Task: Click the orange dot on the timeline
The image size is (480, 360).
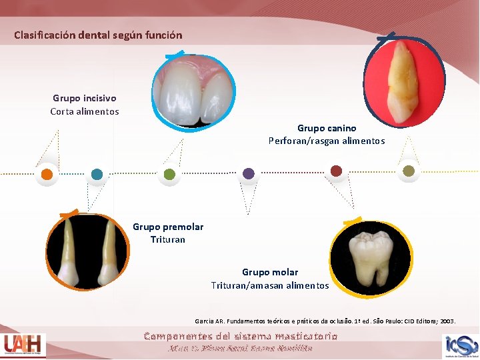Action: tap(47, 173)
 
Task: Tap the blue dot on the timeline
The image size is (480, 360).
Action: tap(97, 174)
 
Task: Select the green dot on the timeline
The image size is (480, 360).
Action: tap(169, 174)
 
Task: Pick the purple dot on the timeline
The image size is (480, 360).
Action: tap(249, 173)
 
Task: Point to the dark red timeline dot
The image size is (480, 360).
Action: tap(336, 171)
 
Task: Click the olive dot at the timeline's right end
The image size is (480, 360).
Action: tap(409, 171)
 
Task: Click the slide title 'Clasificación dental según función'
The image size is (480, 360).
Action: tap(98, 35)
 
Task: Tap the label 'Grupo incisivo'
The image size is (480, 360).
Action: tap(84, 98)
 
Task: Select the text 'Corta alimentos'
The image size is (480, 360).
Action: tap(85, 111)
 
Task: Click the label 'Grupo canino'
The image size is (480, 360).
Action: tap(327, 127)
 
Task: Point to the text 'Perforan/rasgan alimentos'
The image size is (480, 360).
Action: tap(327, 141)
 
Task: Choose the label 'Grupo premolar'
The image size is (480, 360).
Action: tap(168, 227)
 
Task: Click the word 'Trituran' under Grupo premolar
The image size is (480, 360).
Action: tap(168, 239)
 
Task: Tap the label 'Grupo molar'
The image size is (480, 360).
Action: tap(270, 272)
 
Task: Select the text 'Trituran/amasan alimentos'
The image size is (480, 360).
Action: tap(270, 285)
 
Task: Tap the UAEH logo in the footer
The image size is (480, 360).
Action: tap(24, 345)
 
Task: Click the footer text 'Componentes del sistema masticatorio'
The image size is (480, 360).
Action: tap(241, 336)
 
